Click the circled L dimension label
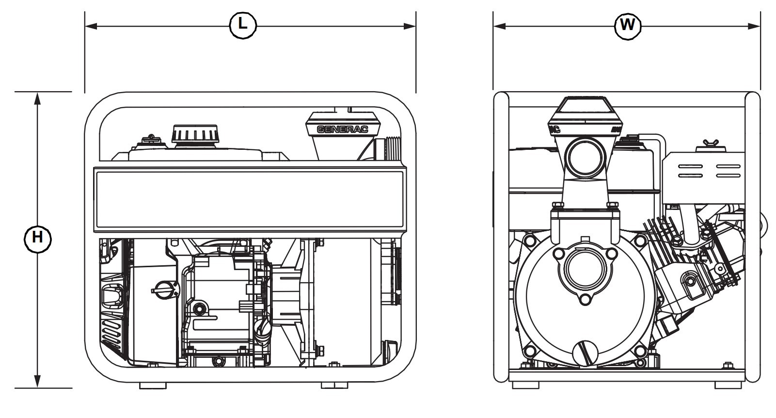point(242,25)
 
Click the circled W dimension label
point(627,25)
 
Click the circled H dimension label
point(37,238)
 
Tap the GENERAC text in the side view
point(342,129)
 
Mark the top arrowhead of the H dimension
point(37,97)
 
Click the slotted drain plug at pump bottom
point(585,354)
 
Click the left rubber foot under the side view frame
point(152,386)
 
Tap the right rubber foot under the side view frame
point(334,386)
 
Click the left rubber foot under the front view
point(525,385)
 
